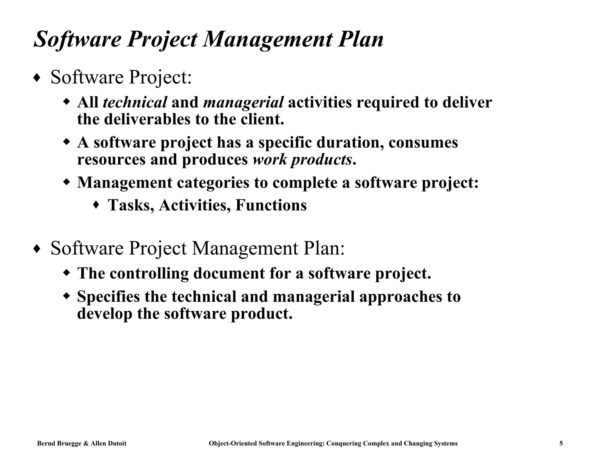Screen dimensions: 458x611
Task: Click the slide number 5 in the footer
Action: click(561, 443)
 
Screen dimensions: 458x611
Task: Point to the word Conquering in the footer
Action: click(343, 443)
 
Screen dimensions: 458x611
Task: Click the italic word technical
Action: click(135, 102)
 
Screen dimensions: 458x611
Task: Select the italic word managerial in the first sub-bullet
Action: click(243, 102)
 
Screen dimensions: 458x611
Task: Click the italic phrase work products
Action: click(302, 160)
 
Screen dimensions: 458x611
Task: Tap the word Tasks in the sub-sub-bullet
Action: click(131, 205)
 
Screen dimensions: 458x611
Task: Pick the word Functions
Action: click(271, 205)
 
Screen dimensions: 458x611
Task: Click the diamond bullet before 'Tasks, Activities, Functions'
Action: click(96, 205)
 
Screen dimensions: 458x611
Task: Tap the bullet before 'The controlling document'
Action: click(67, 272)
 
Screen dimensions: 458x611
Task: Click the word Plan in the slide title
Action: click(360, 39)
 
